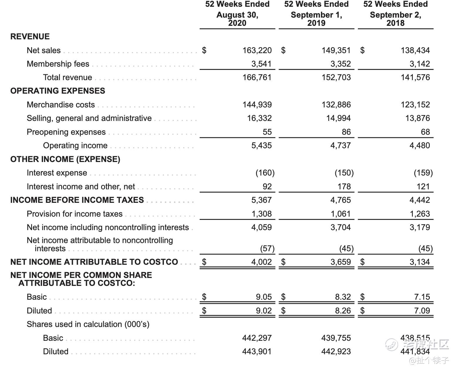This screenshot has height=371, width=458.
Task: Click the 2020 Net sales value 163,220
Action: (x=257, y=50)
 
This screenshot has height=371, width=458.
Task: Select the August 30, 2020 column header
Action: (x=237, y=14)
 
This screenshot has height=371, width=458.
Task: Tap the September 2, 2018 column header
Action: (x=395, y=14)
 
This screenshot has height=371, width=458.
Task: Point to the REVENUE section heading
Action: (x=30, y=36)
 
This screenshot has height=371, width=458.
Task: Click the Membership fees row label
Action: (x=58, y=64)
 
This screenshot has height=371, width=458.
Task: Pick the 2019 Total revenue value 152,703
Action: (x=336, y=77)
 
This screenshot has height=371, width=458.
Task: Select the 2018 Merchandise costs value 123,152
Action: (x=415, y=104)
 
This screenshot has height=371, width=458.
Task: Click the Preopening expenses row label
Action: (x=66, y=132)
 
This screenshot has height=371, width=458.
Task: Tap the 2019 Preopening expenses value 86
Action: (x=346, y=132)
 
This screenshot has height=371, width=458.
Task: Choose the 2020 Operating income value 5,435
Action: (x=261, y=145)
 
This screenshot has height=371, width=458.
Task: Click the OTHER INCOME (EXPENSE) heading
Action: (x=65, y=159)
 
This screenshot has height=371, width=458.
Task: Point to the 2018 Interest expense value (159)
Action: (x=423, y=173)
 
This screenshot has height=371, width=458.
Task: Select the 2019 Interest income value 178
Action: (x=344, y=186)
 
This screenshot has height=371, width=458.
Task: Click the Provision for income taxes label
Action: (x=75, y=214)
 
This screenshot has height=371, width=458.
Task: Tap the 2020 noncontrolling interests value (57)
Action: (x=267, y=248)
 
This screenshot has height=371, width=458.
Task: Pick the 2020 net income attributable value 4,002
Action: (x=261, y=262)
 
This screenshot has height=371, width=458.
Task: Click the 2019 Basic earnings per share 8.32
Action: (x=343, y=297)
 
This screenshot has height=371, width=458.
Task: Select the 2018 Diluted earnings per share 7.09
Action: (x=422, y=311)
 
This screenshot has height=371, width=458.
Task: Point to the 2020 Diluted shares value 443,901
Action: (x=257, y=351)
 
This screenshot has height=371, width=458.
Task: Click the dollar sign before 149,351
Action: (x=283, y=50)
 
